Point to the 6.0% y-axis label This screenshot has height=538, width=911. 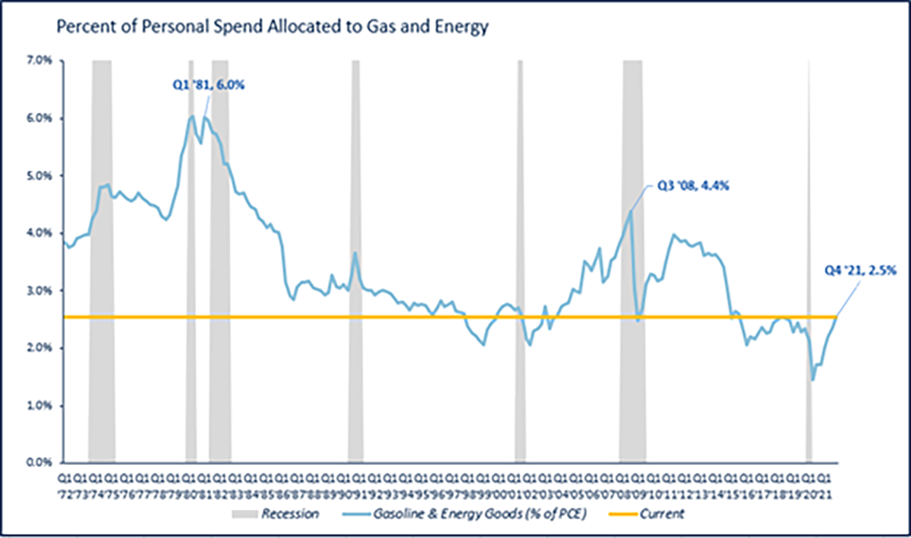click(x=38, y=119)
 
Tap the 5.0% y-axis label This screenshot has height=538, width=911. click(x=38, y=176)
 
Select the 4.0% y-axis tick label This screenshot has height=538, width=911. click(x=38, y=233)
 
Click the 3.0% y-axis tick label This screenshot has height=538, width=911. click(x=38, y=290)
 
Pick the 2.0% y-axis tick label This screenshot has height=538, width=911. click(x=38, y=348)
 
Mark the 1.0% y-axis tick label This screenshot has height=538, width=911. click(x=38, y=405)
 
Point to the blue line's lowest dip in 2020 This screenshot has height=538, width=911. click(x=813, y=379)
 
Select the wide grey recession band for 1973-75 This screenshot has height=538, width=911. click(x=102, y=380)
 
